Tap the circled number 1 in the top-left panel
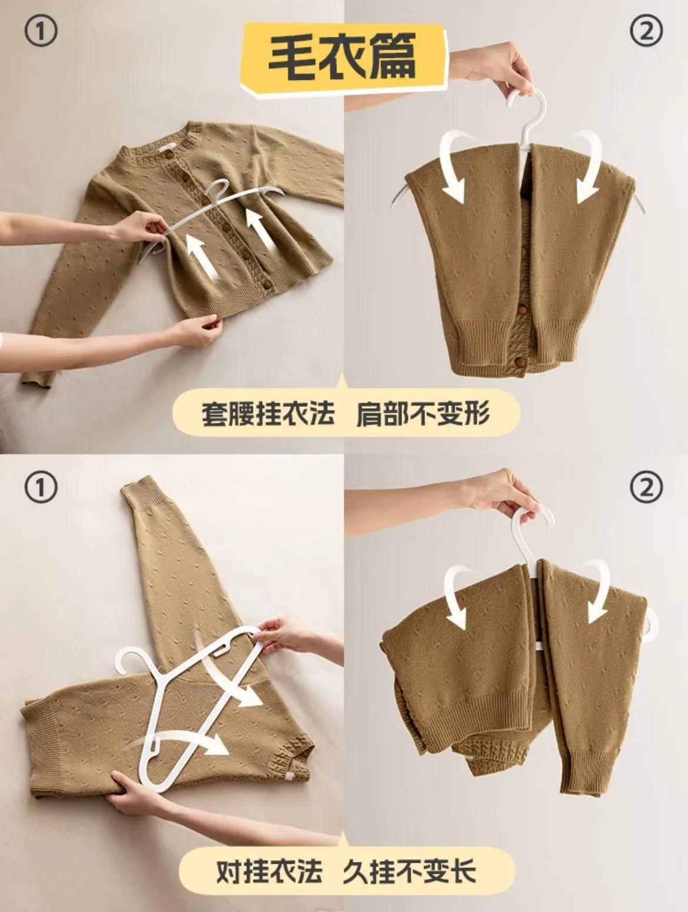tap(41, 32)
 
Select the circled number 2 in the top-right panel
tap(646, 31)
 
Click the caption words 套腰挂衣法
tap(268, 413)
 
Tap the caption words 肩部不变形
tap(423, 413)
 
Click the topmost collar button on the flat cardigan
tap(169, 155)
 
